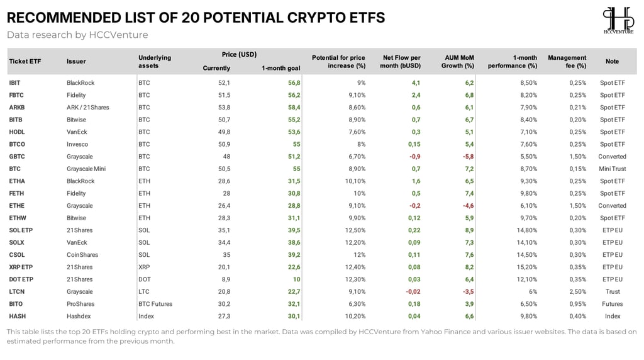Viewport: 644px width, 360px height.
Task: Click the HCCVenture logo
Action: tap(618, 20)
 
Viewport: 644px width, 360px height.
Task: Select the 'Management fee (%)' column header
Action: tap(567, 62)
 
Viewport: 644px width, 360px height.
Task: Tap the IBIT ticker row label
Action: tap(14, 82)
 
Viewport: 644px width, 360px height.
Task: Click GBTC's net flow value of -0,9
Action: tap(414, 157)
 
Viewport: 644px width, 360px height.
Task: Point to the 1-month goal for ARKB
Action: tap(294, 107)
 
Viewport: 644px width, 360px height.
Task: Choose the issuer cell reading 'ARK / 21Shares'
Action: tap(88, 107)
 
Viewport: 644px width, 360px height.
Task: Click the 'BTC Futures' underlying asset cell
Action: tap(155, 304)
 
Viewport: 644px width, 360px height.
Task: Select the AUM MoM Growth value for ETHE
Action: tap(468, 205)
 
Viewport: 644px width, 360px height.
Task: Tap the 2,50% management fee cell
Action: tap(577, 291)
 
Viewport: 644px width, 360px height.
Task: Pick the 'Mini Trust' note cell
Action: tap(613, 169)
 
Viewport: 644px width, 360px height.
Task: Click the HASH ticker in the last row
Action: tap(17, 316)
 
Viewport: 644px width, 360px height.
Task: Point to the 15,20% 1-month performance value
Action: tap(526, 267)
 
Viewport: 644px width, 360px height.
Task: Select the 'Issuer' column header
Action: tap(76, 61)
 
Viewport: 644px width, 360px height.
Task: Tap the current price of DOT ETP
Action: tap(226, 279)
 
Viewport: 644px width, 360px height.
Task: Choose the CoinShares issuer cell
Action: tap(82, 255)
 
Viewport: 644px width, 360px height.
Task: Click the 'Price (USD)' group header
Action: tap(239, 54)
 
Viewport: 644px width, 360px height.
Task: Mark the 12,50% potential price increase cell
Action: tap(355, 230)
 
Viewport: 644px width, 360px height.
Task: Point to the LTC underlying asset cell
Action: tap(144, 291)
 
